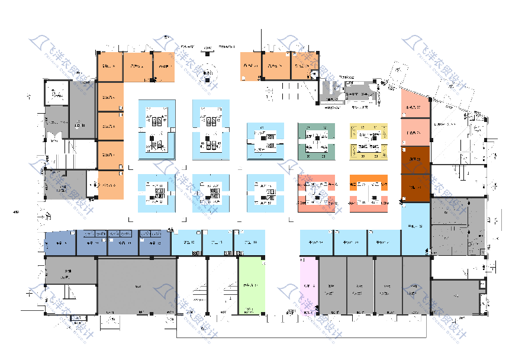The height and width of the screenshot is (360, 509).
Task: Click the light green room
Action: (x=250, y=286)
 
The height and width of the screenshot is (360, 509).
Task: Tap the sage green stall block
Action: (x=316, y=141)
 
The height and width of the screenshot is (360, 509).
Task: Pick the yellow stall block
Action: (x=369, y=141)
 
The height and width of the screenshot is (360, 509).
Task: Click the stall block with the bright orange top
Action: (x=369, y=193)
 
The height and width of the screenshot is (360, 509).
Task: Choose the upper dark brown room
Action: (x=415, y=159)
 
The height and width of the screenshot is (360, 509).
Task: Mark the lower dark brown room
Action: (x=415, y=187)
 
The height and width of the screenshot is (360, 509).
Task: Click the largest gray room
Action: (x=137, y=287)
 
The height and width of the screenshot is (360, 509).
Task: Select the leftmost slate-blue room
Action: (x=60, y=243)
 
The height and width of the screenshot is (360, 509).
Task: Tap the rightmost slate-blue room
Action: (x=154, y=243)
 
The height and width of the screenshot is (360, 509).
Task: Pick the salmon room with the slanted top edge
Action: (x=414, y=104)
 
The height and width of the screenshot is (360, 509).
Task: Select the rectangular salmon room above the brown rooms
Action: (x=415, y=132)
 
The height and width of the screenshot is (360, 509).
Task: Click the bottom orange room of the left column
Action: (x=111, y=184)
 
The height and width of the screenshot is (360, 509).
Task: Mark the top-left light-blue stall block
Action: (x=157, y=129)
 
